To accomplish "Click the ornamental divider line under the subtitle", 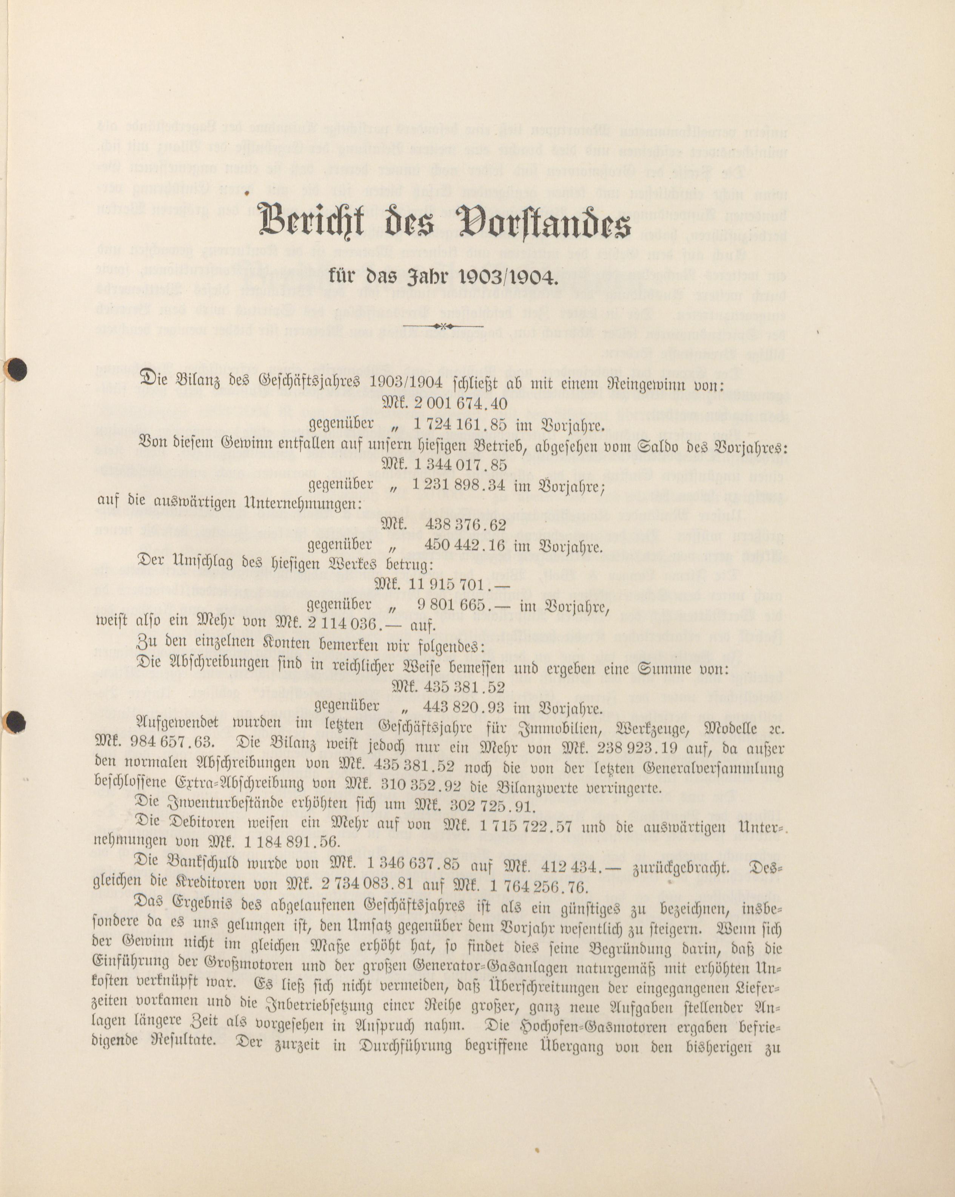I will [x=443, y=326].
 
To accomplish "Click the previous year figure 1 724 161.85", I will [x=459, y=425].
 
